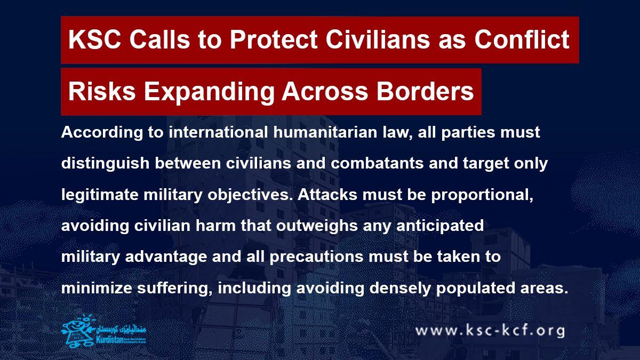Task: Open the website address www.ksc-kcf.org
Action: point(490,331)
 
